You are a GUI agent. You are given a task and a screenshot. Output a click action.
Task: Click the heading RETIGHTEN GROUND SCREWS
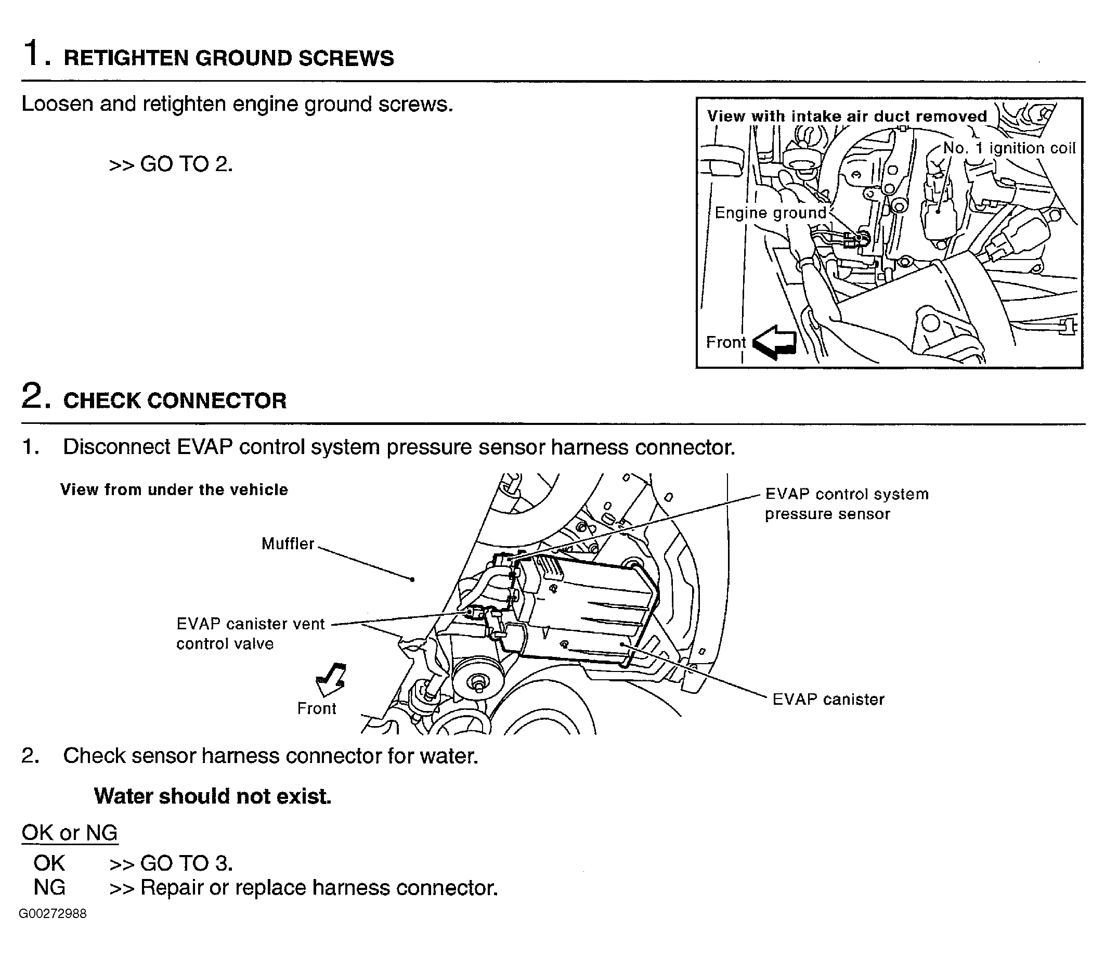228,58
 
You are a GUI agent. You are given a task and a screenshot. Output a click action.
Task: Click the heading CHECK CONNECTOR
175,401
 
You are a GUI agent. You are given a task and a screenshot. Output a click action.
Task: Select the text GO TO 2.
186,164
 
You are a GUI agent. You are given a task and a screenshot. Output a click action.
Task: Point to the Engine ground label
770,213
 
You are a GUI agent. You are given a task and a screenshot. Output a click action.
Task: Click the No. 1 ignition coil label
1009,148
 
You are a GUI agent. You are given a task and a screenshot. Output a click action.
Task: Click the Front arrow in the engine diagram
774,342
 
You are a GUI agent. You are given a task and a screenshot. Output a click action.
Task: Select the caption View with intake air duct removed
847,117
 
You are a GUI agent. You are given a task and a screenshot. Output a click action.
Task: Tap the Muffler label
288,544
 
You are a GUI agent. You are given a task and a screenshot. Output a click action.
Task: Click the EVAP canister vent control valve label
250,633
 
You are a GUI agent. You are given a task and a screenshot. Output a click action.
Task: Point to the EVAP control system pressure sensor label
846,503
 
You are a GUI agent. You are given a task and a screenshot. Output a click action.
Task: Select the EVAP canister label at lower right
828,699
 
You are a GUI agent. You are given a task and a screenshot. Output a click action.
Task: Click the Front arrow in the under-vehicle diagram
331,679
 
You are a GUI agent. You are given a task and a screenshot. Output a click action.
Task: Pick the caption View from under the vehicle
174,490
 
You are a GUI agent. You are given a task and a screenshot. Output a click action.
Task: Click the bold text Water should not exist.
213,796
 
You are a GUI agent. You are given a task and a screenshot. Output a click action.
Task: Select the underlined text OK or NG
69,833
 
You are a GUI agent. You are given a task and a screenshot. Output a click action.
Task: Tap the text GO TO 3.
186,863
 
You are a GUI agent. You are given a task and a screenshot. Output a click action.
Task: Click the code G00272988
53,914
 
